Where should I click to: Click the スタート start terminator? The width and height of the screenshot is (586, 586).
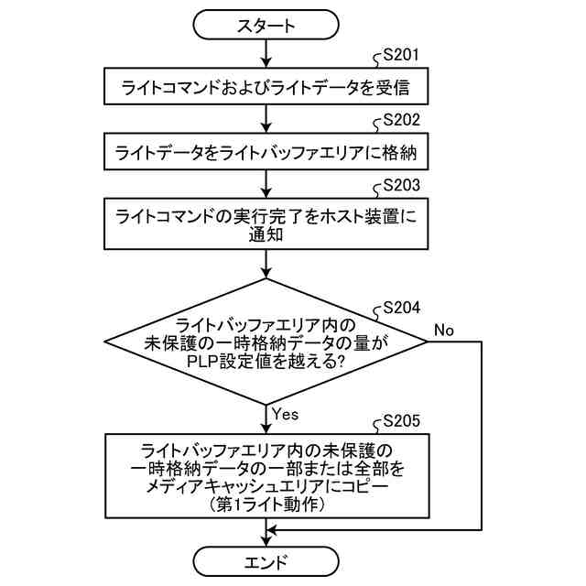266,27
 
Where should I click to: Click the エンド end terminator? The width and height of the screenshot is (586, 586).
266,561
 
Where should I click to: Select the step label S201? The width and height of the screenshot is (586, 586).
401,57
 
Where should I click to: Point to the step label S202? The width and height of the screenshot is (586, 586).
401,120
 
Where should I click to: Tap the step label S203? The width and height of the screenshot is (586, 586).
401,184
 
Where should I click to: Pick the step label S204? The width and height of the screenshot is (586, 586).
401,308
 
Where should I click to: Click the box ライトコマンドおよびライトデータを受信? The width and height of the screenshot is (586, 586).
266,89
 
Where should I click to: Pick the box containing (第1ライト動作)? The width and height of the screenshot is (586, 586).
266,477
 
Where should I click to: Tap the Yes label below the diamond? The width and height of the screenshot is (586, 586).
286,414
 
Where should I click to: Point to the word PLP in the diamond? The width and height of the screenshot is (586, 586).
203,361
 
